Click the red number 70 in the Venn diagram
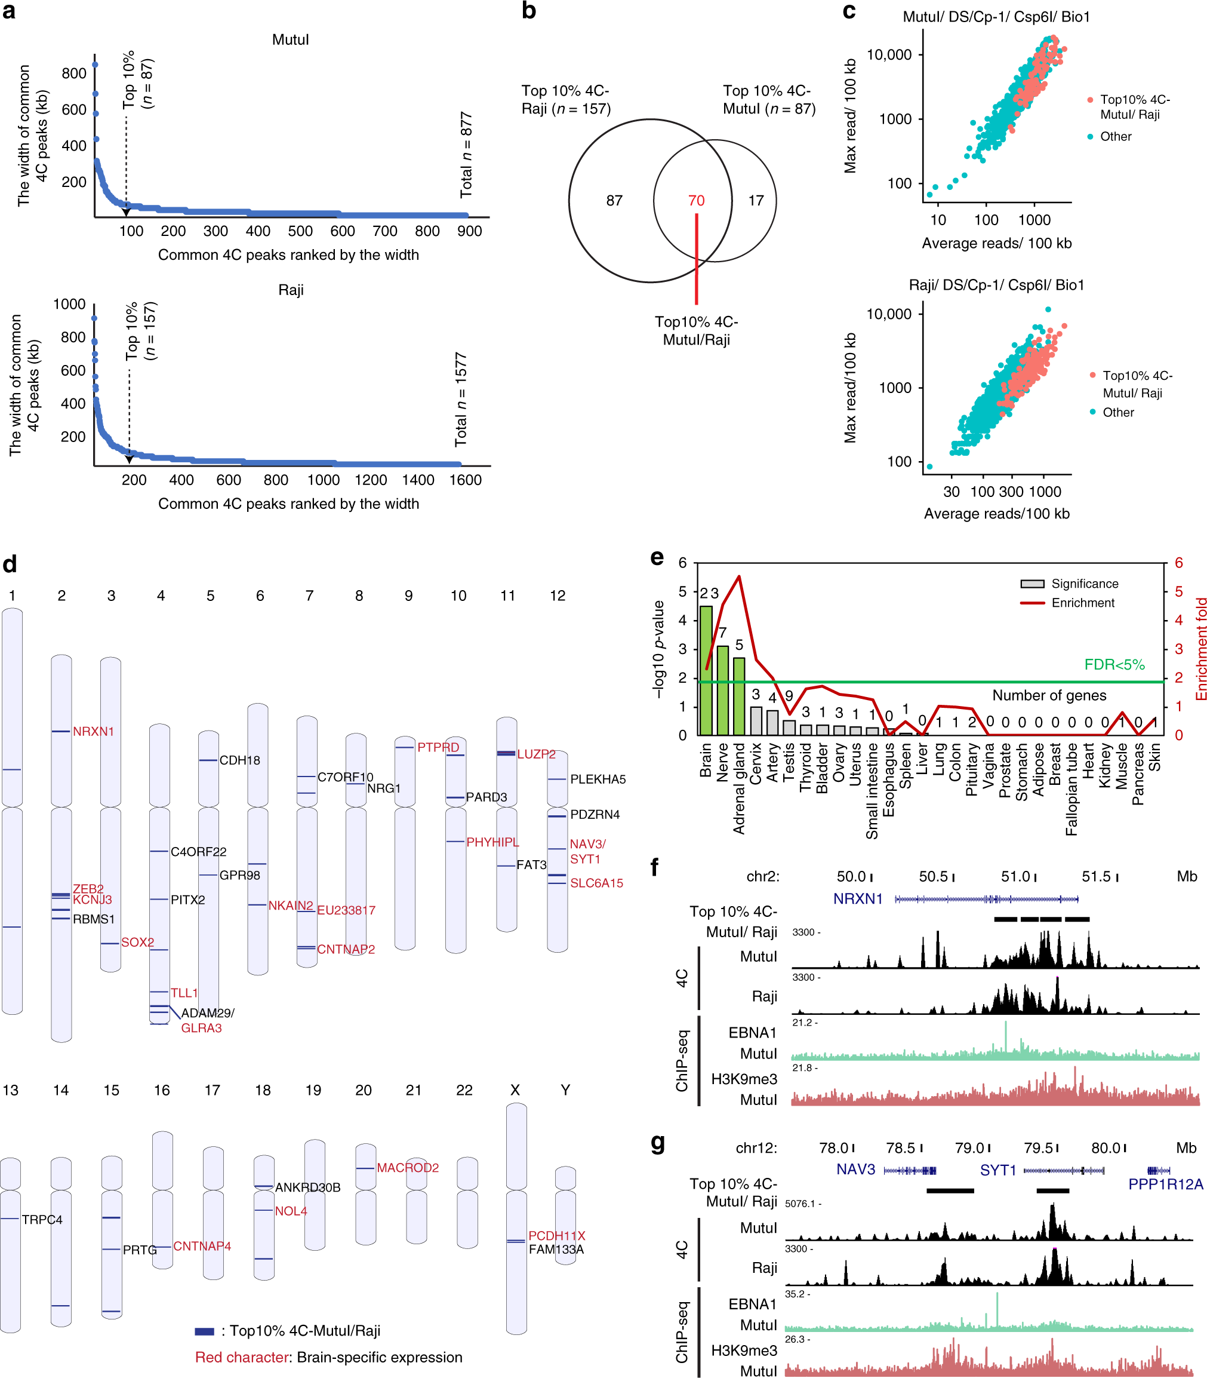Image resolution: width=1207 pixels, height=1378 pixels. (696, 200)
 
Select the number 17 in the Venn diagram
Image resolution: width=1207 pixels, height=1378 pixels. (756, 200)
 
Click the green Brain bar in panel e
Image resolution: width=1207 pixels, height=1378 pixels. (705, 670)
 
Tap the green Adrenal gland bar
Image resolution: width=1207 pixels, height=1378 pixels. (739, 695)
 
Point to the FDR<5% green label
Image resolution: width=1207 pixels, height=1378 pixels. (1113, 664)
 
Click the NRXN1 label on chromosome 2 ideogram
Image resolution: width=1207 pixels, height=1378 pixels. (93, 731)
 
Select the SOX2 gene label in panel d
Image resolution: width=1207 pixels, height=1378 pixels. (137, 942)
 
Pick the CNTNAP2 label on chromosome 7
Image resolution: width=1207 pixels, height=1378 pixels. (346, 949)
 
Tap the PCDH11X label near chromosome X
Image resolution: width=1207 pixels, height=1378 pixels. (556, 1235)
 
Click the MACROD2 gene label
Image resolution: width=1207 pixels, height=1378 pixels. (408, 1167)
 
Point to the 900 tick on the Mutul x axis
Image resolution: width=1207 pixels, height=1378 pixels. (469, 231)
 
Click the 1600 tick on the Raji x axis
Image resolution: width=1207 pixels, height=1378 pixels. (465, 480)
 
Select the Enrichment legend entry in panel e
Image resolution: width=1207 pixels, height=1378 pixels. (1082, 603)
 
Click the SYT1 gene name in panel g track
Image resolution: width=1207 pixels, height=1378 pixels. (997, 1170)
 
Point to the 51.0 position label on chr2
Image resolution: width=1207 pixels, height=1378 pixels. (1015, 876)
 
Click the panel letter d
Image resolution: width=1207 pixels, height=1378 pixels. (10, 564)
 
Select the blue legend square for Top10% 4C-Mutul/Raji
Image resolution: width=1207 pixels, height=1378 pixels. (204, 1331)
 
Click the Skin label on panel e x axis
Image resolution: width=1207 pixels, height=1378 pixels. (1154, 757)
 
